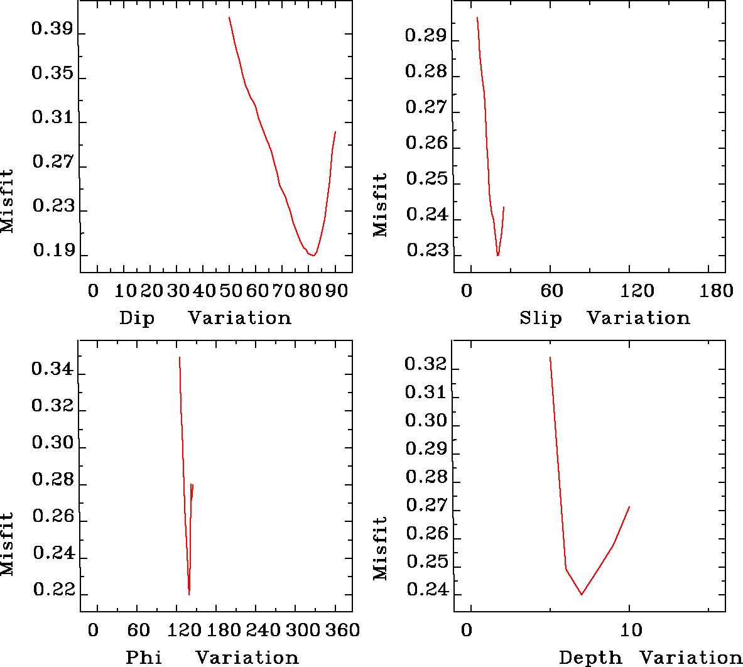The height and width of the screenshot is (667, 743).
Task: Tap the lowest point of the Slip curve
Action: click(498, 255)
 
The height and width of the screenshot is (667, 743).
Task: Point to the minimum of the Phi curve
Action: click(189, 594)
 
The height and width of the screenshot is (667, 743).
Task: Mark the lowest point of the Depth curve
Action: click(582, 594)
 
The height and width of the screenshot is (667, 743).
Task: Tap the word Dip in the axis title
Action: click(136, 318)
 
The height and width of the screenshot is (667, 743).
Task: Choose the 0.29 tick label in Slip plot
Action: click(426, 36)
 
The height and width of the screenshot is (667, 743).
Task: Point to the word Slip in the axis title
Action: click(541, 318)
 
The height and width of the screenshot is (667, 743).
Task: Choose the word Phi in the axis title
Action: click(143, 658)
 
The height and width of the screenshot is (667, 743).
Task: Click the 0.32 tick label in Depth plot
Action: click(426, 364)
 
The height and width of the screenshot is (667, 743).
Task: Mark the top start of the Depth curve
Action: click(550, 357)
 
